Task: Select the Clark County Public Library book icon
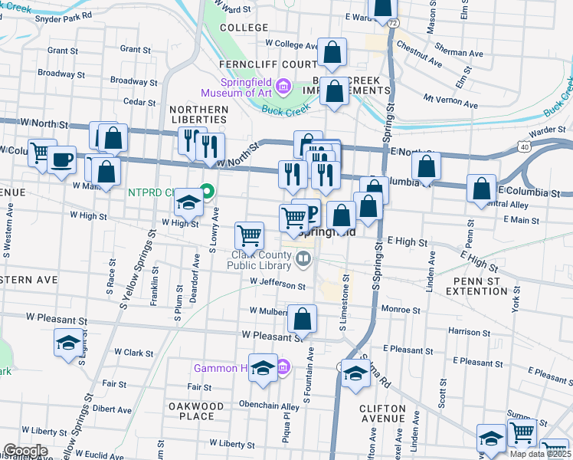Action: click(304, 260)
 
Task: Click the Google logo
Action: click(25, 451)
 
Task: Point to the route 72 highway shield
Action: click(392, 24)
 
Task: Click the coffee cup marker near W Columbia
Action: click(61, 161)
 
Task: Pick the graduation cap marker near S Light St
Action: click(69, 342)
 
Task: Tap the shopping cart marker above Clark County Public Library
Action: click(249, 234)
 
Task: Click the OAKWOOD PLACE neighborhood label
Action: click(196, 411)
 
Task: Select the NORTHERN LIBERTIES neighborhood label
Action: click(199, 114)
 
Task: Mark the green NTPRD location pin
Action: click(206, 192)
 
